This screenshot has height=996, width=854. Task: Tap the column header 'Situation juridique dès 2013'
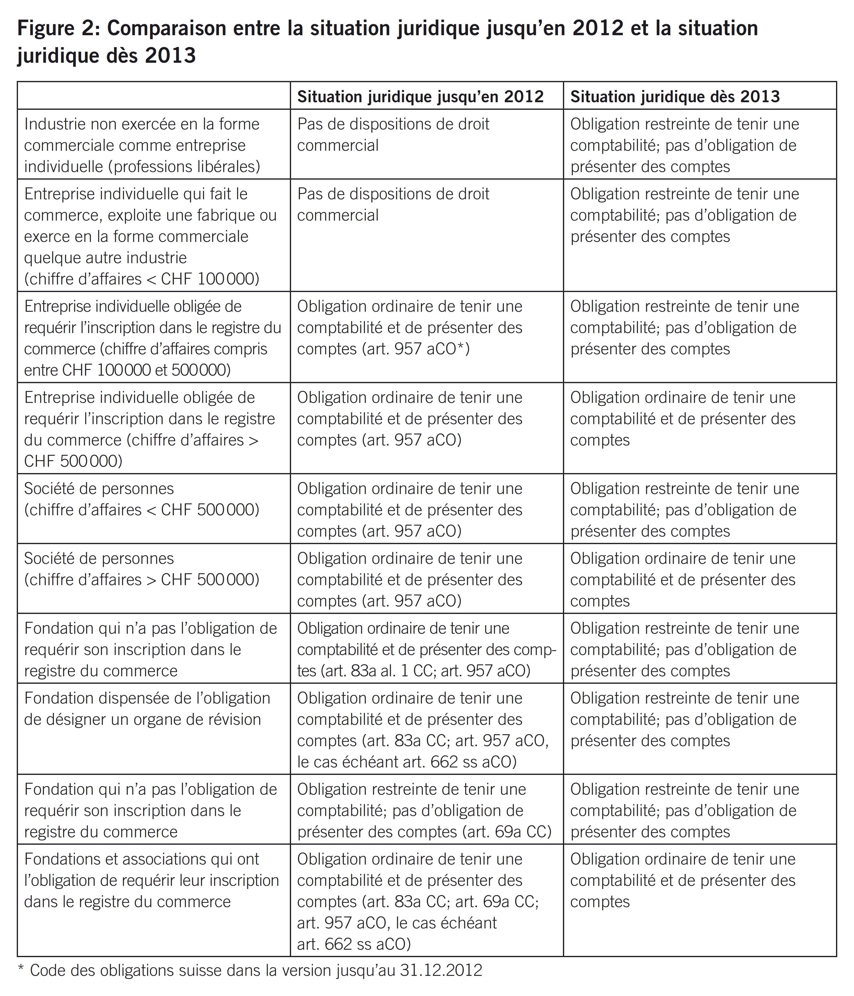click(x=675, y=97)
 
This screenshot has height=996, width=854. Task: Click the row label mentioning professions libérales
click(x=142, y=145)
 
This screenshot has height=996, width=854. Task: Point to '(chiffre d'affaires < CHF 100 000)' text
click(x=142, y=279)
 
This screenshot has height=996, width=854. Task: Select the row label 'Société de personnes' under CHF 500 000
click(x=142, y=499)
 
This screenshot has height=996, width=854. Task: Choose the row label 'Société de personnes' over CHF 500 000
click(x=142, y=569)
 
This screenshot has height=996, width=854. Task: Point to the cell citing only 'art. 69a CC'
click(x=424, y=810)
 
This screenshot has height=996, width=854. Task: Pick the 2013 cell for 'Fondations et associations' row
click(x=683, y=880)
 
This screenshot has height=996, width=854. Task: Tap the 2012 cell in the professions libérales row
click(x=393, y=135)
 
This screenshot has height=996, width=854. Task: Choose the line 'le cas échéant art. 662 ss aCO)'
click(x=407, y=762)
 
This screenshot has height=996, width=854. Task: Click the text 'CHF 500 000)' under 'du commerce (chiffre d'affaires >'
click(x=73, y=461)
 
